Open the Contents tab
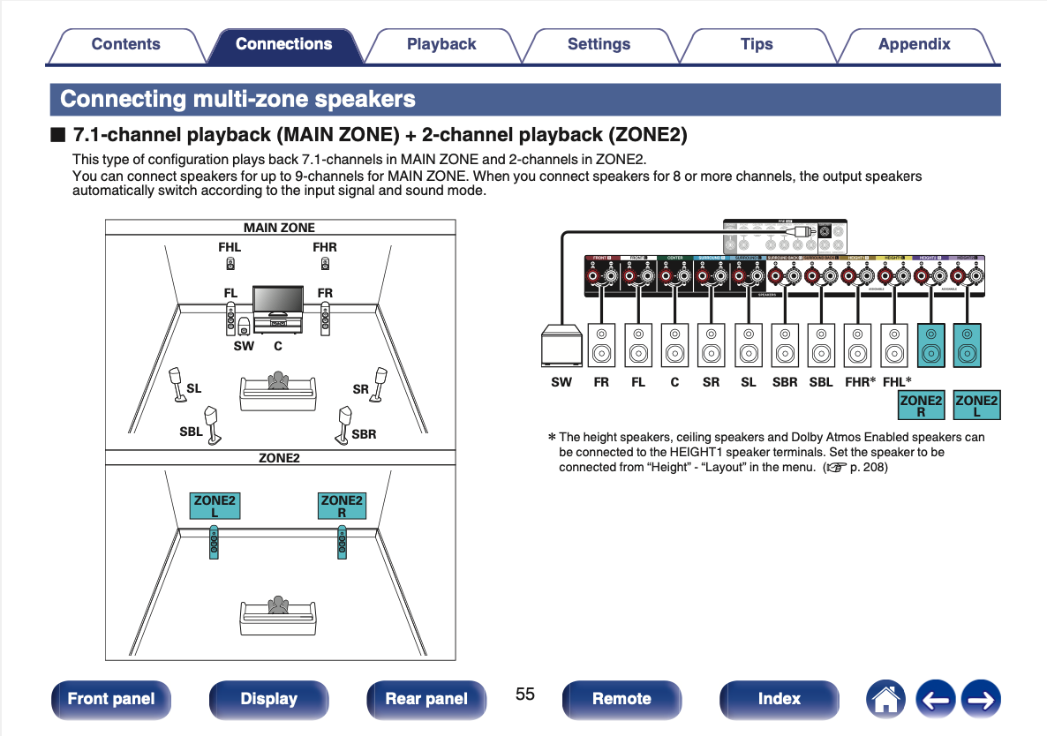click(x=125, y=44)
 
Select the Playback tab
click(x=441, y=44)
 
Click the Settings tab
click(x=599, y=44)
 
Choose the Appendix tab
click(x=914, y=44)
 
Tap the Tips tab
click(x=757, y=44)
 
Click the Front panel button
click(x=110, y=699)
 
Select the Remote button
click(x=621, y=699)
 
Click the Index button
click(x=779, y=699)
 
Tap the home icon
click(x=885, y=699)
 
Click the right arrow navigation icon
click(x=980, y=699)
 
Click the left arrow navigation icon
click(x=935, y=699)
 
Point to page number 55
click(x=525, y=694)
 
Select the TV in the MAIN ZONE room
click(x=278, y=302)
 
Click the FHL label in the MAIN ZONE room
click(x=230, y=248)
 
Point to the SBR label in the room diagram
click(x=364, y=434)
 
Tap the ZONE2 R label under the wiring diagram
click(x=921, y=406)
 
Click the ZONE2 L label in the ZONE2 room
click(x=215, y=506)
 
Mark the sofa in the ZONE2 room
click(x=278, y=615)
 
